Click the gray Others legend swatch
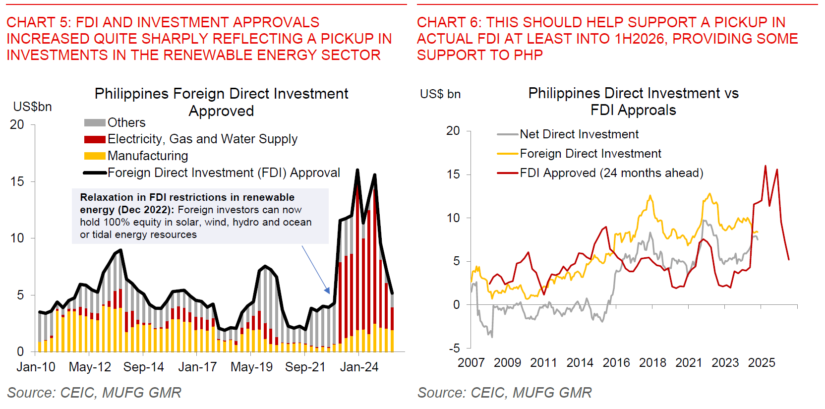(95, 122)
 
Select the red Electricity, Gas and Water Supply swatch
(95, 139)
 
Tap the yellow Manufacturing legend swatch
(95, 156)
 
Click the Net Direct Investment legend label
(579, 134)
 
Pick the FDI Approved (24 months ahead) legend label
(611, 173)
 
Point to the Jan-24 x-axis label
(359, 367)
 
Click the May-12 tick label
(90, 367)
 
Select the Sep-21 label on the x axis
(305, 367)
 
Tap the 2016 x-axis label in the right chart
(616, 363)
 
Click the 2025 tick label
(762, 363)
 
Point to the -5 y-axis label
(454, 348)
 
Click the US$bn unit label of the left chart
(32, 107)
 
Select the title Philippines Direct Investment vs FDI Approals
(633, 102)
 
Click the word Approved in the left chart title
(221, 111)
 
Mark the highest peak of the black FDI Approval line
(357, 170)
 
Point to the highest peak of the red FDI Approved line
(766, 166)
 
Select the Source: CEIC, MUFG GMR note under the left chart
(94, 393)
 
